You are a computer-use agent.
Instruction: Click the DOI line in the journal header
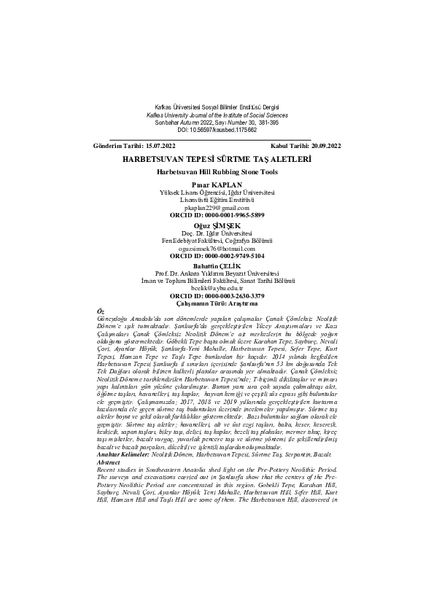click(x=217, y=129)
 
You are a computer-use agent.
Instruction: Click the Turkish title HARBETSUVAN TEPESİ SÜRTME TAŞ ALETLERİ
click(x=217, y=158)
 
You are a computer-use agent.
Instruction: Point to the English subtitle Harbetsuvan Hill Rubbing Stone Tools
click(x=217, y=171)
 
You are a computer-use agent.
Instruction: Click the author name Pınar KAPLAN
click(x=217, y=184)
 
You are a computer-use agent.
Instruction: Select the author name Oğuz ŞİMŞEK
click(x=217, y=225)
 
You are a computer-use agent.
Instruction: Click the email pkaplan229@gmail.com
click(x=217, y=207)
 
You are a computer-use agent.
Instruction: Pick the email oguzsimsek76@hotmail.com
click(x=217, y=248)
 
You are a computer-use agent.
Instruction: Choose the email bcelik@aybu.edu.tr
click(x=217, y=288)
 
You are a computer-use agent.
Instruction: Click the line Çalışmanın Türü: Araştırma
click(x=217, y=303)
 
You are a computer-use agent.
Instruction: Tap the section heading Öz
click(x=101, y=311)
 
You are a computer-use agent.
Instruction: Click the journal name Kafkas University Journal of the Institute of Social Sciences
click(x=217, y=115)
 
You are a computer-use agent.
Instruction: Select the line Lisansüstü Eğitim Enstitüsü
click(x=217, y=199)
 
